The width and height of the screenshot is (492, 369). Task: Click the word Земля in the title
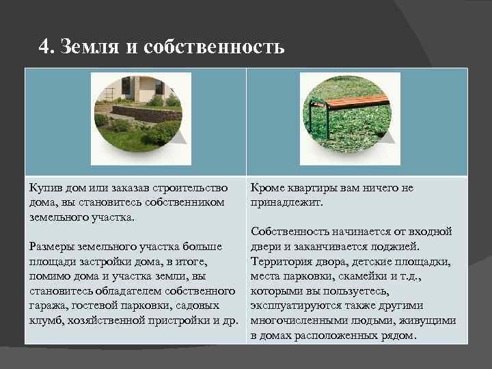[83, 47]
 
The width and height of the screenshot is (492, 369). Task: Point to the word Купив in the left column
[44, 188]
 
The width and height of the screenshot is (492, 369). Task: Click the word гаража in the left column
[46, 306]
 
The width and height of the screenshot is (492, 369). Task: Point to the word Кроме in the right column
[269, 188]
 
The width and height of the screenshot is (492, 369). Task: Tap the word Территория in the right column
[281, 262]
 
